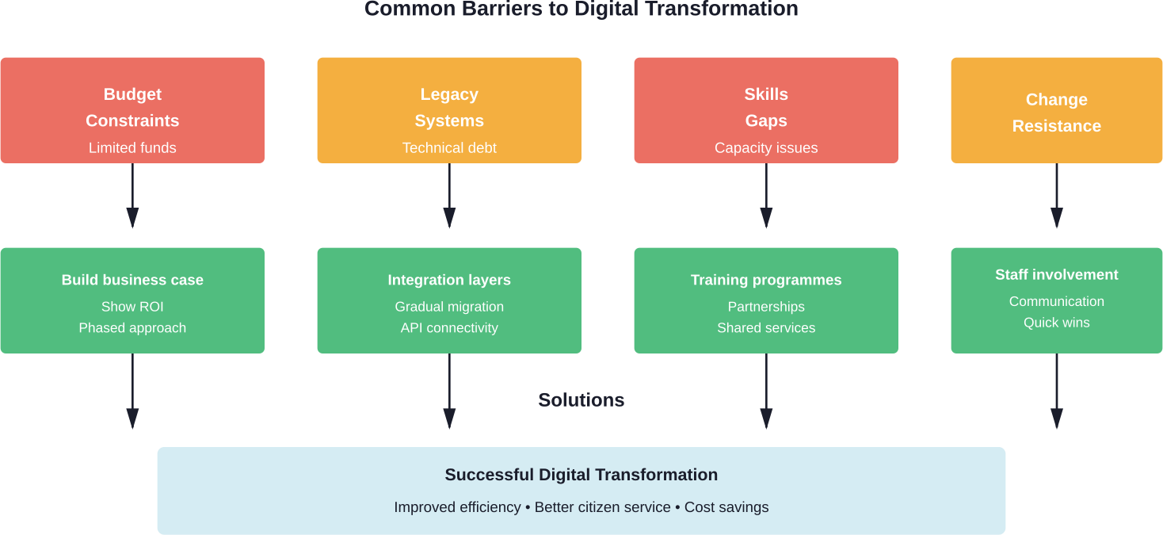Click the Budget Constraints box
point(132,109)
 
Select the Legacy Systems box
point(449,109)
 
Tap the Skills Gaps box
point(766,109)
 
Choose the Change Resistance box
point(1056,111)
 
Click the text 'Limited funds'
point(132,148)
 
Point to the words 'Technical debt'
point(449,148)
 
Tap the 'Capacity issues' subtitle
point(766,148)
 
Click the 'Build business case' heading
point(132,280)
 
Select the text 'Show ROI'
point(132,307)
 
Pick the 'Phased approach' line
point(132,328)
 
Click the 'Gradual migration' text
point(449,307)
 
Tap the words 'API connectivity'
point(449,328)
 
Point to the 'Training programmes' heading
point(766,280)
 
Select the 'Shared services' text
point(766,328)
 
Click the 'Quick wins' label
point(1056,323)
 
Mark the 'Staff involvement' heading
point(1056,275)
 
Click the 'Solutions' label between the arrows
point(581,400)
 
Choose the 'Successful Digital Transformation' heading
point(581,475)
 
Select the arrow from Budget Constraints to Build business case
point(132,198)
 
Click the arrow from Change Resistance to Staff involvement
point(1056,198)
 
